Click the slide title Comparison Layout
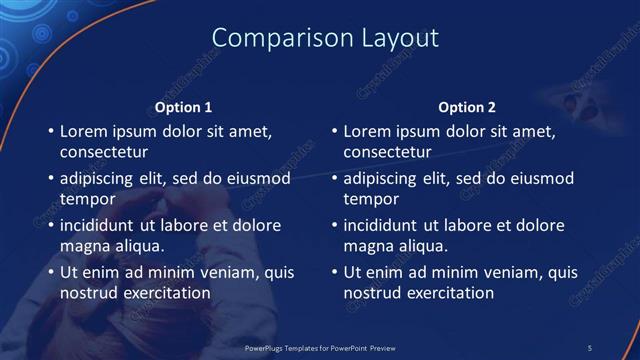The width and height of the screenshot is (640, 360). tap(326, 38)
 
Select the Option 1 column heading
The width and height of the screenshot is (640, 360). tap(184, 107)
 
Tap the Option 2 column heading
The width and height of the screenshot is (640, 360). tap(467, 107)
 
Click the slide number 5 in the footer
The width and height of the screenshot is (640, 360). tap(590, 347)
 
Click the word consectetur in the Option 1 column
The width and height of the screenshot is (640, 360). tap(104, 153)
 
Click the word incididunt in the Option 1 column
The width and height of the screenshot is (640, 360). tap(100, 225)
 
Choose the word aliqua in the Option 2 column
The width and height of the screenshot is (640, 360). tap(423, 246)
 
